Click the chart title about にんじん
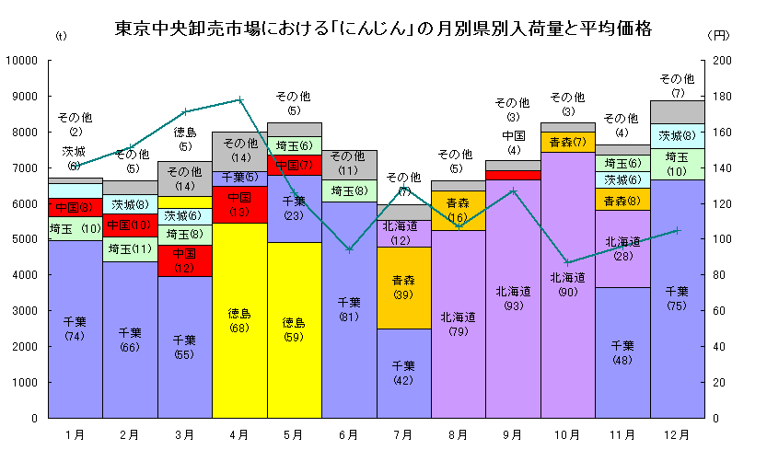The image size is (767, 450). [x=383, y=29]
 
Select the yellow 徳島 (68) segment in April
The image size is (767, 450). [x=239, y=320]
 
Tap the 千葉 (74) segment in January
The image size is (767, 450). [x=75, y=329]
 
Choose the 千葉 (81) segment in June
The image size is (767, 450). [x=349, y=309]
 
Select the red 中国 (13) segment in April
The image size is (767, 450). [x=239, y=204]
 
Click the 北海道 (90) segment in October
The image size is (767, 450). [x=567, y=284]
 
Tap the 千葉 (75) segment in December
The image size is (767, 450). [x=677, y=298]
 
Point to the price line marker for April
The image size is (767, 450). [x=239, y=99]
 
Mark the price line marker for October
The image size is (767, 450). [x=567, y=262]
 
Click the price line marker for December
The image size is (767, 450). [x=677, y=230]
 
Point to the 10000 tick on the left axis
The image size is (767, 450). [x=20, y=61]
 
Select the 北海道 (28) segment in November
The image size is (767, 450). [x=622, y=248]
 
